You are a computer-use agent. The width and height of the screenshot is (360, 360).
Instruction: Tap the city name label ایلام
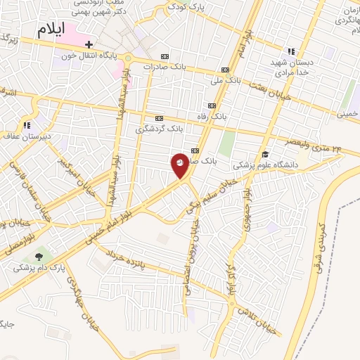click(58, 29)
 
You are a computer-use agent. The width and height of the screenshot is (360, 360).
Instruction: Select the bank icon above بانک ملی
click(225, 70)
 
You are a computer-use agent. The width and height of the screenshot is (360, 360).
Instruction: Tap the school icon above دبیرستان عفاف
click(27, 125)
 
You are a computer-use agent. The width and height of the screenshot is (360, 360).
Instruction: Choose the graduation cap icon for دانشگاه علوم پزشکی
click(265, 154)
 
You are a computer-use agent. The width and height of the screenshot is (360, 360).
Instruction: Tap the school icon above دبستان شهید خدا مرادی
click(290, 51)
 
